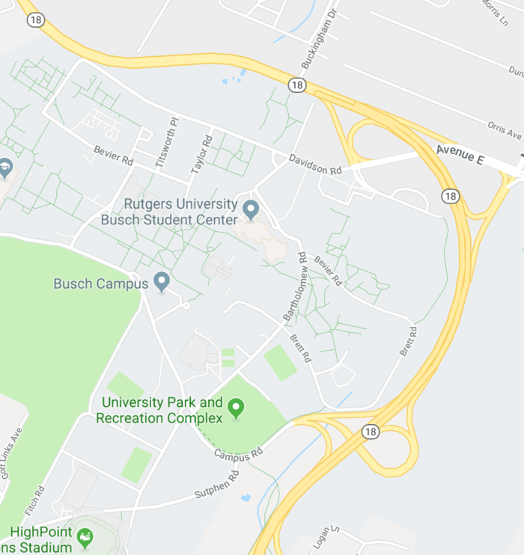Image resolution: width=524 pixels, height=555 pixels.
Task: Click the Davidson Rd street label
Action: (x=315, y=164)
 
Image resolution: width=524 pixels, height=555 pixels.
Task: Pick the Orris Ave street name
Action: (x=504, y=129)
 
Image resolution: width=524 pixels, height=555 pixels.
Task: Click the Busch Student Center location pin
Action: (x=251, y=209)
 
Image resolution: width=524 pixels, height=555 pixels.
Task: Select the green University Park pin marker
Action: (x=237, y=408)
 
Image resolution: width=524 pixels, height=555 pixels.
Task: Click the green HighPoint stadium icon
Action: (x=85, y=536)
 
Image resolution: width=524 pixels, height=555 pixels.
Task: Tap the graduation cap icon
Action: (x=5, y=167)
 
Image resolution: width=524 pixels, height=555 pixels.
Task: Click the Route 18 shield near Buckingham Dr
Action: (x=297, y=85)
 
